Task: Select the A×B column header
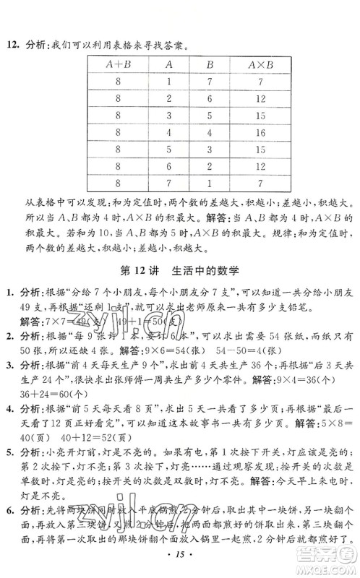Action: (277, 63)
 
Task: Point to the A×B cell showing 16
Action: (277, 133)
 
